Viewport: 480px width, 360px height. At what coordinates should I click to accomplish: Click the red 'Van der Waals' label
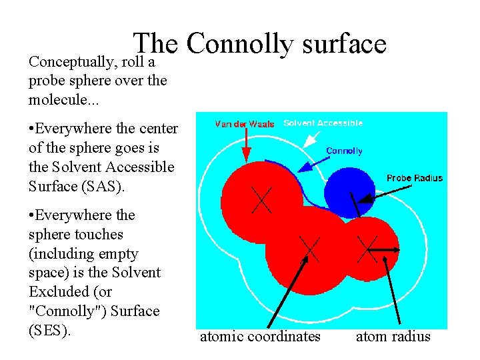244,124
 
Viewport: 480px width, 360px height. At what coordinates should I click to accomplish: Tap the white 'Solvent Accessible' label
323,123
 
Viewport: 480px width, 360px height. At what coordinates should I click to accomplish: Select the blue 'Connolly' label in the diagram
344,151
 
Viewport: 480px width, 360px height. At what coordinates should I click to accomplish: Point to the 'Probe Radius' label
415,178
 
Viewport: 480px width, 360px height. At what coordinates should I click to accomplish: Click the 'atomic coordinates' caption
260,337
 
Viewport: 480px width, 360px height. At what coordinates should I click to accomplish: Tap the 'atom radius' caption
393,337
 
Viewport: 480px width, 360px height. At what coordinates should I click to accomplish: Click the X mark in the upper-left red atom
261,199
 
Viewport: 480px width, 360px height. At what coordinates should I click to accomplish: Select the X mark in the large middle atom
309,249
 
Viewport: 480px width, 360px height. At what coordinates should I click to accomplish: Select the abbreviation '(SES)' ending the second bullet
50,331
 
